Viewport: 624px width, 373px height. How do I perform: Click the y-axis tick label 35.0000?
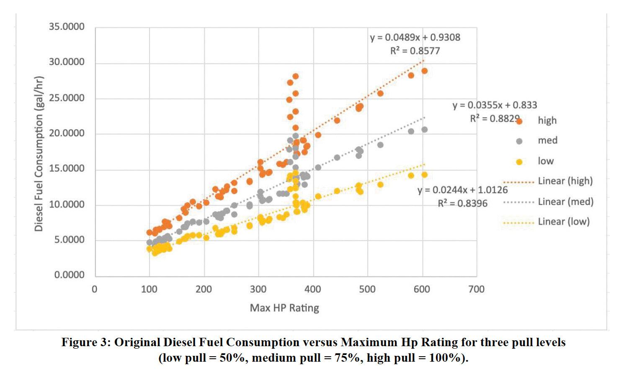pyautogui.click(x=67, y=27)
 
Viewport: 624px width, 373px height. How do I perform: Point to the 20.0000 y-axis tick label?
pyautogui.click(x=67, y=134)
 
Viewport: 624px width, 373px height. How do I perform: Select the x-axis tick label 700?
pyautogui.click(x=476, y=290)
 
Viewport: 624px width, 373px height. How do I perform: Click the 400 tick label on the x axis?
pyautogui.click(x=313, y=290)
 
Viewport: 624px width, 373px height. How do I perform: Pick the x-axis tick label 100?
pyautogui.click(x=150, y=290)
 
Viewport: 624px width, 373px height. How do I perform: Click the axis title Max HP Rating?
pyautogui.click(x=284, y=308)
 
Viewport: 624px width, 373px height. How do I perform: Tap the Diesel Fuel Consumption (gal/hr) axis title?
pyautogui.click(x=39, y=154)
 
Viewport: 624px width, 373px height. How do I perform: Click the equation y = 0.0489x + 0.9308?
pyautogui.click(x=415, y=38)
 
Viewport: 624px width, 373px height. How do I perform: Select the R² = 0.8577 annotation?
pyautogui.click(x=415, y=51)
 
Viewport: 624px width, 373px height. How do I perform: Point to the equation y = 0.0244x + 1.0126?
pyautogui.click(x=462, y=190)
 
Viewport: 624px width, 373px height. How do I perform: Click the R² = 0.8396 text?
pyautogui.click(x=462, y=204)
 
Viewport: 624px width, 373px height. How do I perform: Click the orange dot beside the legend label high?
pyautogui.click(x=519, y=121)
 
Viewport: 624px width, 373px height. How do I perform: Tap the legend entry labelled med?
pyautogui.click(x=547, y=141)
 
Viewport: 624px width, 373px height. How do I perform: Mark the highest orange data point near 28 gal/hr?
pyautogui.click(x=295, y=76)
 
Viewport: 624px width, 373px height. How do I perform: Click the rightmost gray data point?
pyautogui.click(x=424, y=130)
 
